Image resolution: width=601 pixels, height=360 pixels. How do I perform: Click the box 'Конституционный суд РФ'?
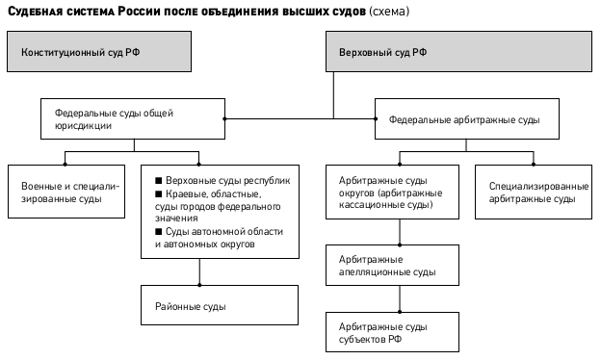(99, 51)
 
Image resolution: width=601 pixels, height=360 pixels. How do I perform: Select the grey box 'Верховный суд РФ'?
(458, 51)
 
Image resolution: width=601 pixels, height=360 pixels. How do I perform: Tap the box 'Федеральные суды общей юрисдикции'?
(133, 118)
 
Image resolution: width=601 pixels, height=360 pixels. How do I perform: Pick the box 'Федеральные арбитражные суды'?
(467, 118)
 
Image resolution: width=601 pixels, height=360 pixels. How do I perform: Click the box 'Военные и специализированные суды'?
(66, 192)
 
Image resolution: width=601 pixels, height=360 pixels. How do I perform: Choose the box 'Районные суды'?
(220, 305)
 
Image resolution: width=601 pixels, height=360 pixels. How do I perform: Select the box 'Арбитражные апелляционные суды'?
(393, 265)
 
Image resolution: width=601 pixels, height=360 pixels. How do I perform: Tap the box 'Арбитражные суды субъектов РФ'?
(393, 332)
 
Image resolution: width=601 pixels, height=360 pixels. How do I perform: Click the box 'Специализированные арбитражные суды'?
(534, 192)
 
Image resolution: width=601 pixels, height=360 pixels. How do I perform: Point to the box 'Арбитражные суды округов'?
(393, 192)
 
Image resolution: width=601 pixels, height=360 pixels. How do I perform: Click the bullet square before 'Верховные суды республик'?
(159, 180)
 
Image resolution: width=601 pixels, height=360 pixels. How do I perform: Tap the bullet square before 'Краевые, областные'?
(159, 193)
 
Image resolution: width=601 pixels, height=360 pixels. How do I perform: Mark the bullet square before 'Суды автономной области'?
(159, 231)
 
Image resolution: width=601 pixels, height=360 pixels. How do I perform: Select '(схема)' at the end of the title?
(389, 12)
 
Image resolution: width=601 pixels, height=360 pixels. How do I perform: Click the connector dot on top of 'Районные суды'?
(199, 285)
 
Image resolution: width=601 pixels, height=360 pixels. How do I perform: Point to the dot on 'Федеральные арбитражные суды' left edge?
(376, 118)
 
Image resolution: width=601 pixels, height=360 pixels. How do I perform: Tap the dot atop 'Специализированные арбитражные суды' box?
(534, 165)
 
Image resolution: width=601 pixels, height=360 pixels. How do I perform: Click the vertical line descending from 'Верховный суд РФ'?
(333, 95)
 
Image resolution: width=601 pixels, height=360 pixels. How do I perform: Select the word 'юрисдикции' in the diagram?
(83, 126)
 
